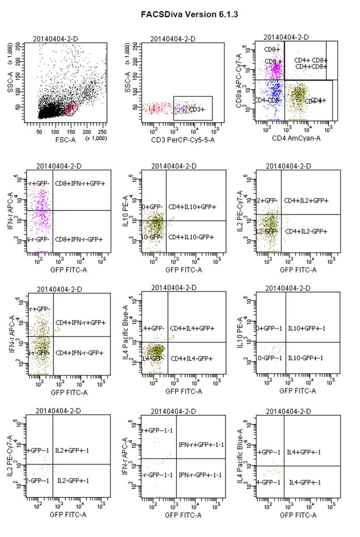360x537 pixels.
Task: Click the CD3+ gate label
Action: [x=196, y=109]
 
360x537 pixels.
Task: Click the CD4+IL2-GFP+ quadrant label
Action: [x=307, y=231]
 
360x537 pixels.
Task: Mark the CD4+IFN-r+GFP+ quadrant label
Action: [x=80, y=322]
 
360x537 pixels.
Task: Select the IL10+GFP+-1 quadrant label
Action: [x=305, y=328]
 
